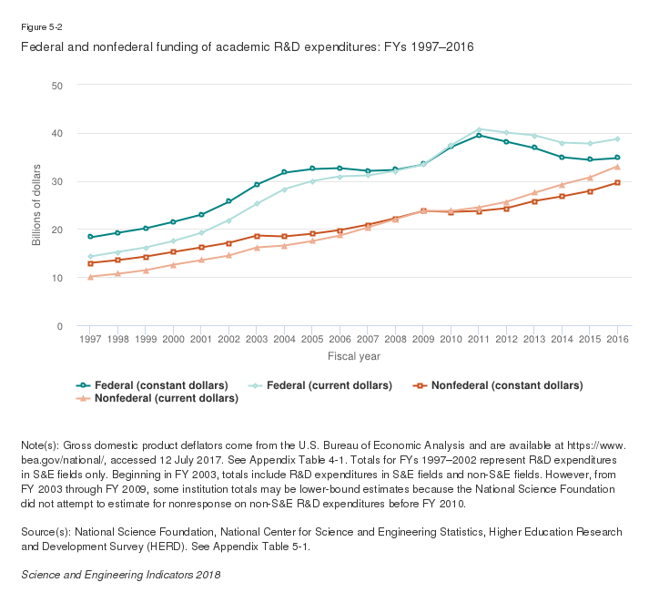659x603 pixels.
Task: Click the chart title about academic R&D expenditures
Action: point(247,46)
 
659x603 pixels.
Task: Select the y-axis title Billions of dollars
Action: point(37,205)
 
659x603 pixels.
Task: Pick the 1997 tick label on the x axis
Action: point(89,339)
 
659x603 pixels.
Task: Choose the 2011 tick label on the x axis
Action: point(479,339)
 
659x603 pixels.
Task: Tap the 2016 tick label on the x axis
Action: point(617,339)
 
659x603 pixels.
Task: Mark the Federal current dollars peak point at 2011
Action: point(479,129)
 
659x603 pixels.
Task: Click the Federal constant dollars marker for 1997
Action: point(89,237)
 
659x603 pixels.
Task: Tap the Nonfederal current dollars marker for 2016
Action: point(617,167)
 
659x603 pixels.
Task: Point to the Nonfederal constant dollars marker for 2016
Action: point(617,183)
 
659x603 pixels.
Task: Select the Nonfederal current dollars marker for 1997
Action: point(89,277)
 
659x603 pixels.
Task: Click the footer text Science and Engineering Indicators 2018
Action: point(120,575)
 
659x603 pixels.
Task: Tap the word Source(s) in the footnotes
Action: point(44,531)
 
